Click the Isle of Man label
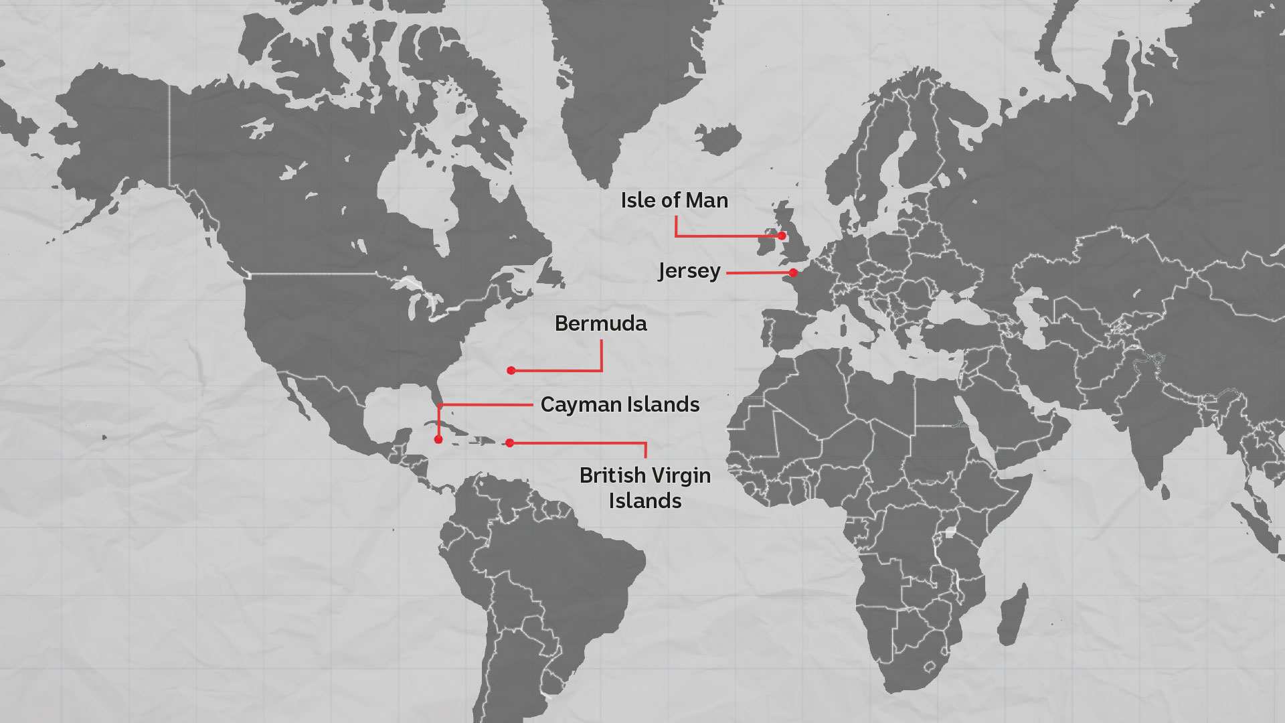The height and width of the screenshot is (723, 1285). click(x=674, y=200)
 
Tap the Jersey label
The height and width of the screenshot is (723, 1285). click(x=689, y=271)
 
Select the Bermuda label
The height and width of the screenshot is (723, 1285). click(x=600, y=323)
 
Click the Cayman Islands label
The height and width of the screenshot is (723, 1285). click(x=620, y=404)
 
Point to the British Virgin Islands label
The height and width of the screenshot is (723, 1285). click(x=645, y=487)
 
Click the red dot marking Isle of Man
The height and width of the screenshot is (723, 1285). click(x=782, y=236)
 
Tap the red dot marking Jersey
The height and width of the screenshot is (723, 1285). click(x=793, y=272)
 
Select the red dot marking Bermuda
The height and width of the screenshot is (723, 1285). click(x=511, y=370)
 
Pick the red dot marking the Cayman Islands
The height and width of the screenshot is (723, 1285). click(x=438, y=440)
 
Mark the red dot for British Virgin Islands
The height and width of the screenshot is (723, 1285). click(x=510, y=443)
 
